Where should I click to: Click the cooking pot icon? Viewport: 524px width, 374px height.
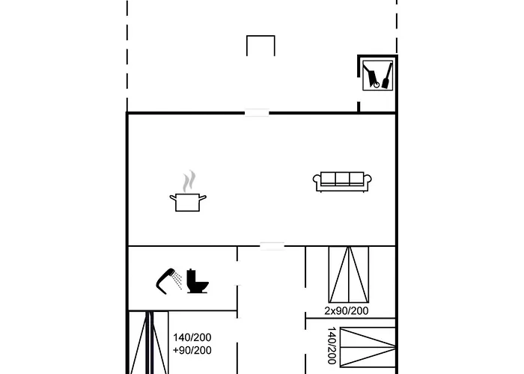[189, 201]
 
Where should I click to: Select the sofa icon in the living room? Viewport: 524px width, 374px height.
[339, 181]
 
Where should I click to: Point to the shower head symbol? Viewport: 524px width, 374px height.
[165, 278]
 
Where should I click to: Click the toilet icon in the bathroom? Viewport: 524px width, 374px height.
[198, 280]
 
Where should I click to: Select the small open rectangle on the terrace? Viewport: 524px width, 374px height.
[261, 45]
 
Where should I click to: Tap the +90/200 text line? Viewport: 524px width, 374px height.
[192, 350]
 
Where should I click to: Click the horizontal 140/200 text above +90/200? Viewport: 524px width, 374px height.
[192, 337]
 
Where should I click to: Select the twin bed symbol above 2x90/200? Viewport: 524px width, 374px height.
[349, 273]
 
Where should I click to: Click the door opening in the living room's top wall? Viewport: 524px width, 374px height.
[257, 113]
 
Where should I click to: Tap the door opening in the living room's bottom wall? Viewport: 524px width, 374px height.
[272, 246]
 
